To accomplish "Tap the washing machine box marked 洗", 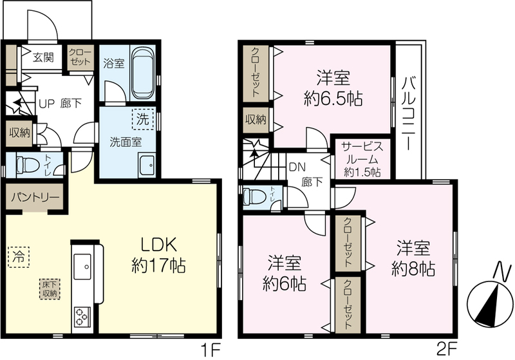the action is (x=143, y=119).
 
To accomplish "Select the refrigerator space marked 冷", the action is (x=19, y=257).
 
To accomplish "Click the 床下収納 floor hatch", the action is (x=50, y=289).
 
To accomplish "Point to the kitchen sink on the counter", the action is (x=82, y=266).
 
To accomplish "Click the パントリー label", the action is (x=35, y=197).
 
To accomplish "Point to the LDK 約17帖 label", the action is (x=158, y=255).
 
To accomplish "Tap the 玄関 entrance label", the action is (x=43, y=57).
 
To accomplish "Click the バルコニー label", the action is (x=409, y=113).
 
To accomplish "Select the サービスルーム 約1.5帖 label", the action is (x=362, y=159).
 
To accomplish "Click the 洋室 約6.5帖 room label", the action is (x=333, y=88).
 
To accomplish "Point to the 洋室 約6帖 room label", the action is (x=285, y=273).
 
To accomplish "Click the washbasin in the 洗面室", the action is (x=147, y=166).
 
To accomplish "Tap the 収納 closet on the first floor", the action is (x=20, y=133).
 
